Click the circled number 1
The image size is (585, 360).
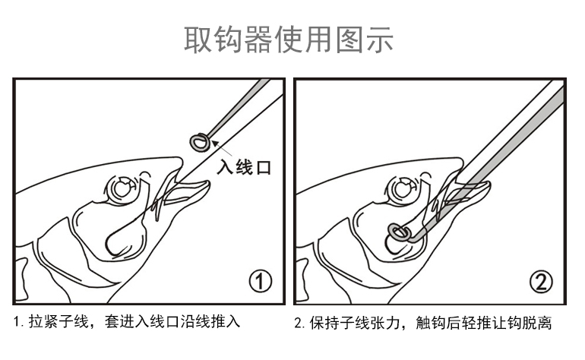[261, 282]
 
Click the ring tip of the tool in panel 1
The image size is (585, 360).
[199, 141]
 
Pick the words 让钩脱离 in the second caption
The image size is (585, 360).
[524, 322]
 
